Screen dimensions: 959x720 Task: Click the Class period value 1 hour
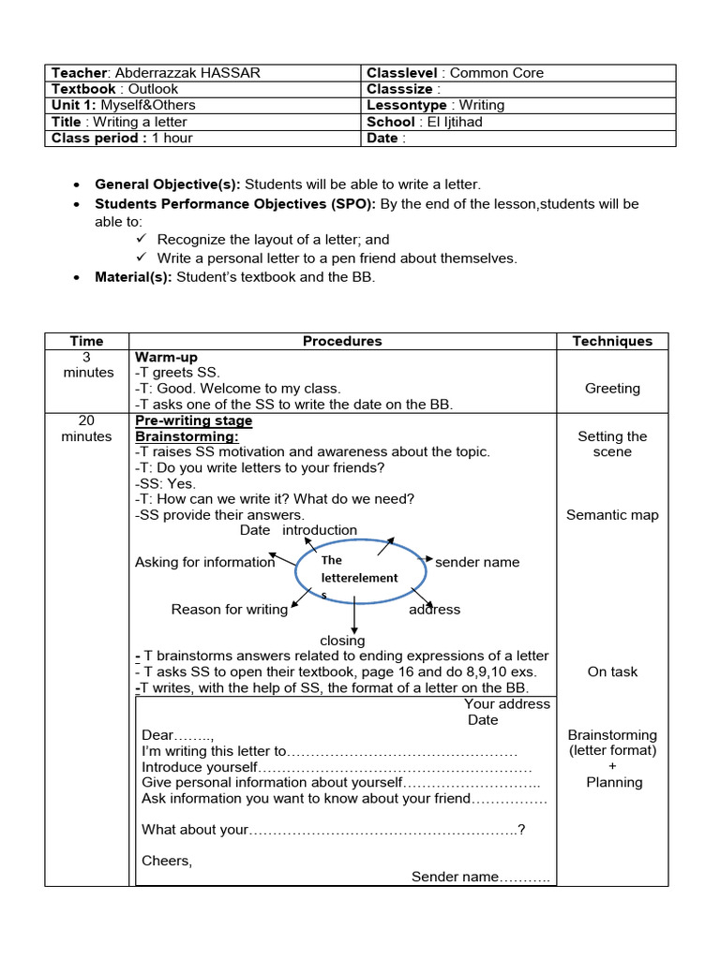tap(172, 139)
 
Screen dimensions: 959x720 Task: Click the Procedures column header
tap(342, 341)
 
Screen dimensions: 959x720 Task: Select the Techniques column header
tap(612, 341)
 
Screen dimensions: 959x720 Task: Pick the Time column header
tap(86, 341)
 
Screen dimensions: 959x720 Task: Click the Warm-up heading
tap(166, 358)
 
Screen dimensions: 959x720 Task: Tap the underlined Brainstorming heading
tap(187, 436)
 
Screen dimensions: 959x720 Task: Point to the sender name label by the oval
tap(477, 562)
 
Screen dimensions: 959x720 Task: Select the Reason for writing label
tap(229, 610)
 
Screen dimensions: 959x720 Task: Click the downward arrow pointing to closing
tap(354, 618)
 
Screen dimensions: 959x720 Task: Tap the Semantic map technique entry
tap(612, 515)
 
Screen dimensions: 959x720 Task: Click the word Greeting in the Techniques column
tap(612, 389)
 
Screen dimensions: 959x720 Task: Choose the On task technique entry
tap(612, 671)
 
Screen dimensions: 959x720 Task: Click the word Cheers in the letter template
tap(166, 861)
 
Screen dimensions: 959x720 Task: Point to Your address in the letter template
tap(506, 704)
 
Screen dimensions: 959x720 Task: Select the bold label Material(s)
tap(134, 277)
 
